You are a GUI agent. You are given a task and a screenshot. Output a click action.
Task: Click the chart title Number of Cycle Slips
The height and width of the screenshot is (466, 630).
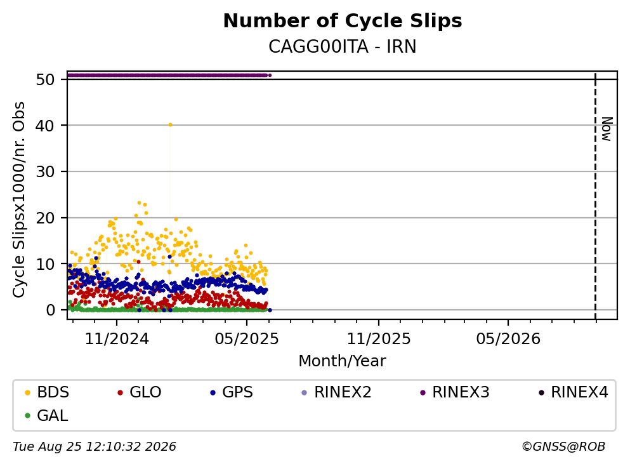(x=343, y=21)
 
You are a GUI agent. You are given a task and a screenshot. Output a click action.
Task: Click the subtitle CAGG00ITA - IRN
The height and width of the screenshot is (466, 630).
(x=343, y=46)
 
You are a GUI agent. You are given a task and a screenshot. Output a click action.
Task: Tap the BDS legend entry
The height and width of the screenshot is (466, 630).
(x=47, y=392)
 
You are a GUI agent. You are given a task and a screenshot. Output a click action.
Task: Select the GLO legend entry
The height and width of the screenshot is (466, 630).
(x=140, y=392)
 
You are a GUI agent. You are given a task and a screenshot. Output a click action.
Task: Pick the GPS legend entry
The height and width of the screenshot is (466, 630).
(x=232, y=392)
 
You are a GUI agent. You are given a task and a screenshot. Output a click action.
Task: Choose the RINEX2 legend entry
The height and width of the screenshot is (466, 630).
(x=337, y=392)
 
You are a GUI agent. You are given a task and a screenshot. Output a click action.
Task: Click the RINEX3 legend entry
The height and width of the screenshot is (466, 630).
(x=455, y=392)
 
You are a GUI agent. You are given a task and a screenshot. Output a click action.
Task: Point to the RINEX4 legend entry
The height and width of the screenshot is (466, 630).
(x=574, y=392)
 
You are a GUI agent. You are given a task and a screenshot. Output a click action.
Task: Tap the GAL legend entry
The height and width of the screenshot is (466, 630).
(x=46, y=415)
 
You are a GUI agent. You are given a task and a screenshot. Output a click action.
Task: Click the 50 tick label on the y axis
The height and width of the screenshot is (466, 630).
(x=45, y=79)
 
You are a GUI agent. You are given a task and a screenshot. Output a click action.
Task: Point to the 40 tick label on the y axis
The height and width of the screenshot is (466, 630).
(x=45, y=126)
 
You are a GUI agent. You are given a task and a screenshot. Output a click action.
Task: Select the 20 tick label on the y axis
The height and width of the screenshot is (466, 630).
(x=45, y=218)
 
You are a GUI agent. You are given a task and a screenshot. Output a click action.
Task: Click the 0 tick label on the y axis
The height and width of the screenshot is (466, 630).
(x=50, y=310)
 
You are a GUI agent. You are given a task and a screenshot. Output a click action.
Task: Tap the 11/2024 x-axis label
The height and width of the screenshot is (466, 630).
(x=117, y=339)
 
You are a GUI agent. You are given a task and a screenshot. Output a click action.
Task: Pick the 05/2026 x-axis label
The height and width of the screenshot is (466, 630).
(x=508, y=339)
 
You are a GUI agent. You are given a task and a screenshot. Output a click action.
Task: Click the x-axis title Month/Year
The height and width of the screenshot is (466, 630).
(x=343, y=361)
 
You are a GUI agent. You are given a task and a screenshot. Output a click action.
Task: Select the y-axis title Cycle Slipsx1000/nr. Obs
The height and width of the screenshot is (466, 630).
(x=18, y=199)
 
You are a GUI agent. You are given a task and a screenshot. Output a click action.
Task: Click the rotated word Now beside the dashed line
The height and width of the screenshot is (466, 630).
(x=607, y=129)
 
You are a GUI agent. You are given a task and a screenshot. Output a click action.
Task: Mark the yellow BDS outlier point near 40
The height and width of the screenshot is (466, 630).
(x=171, y=125)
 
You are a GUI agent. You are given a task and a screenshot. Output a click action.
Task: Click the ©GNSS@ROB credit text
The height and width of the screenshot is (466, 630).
(x=563, y=447)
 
